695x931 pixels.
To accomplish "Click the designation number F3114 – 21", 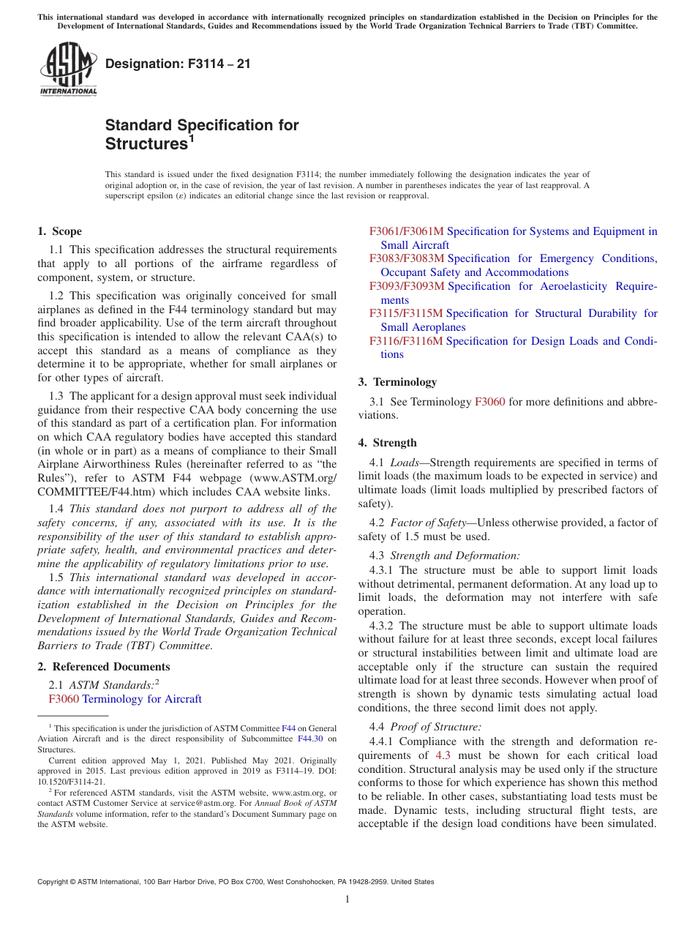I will [178, 64].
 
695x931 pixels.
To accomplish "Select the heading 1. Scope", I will [59, 231].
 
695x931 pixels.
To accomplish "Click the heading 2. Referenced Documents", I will [103, 667].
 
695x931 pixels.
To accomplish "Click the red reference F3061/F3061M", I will [406, 231].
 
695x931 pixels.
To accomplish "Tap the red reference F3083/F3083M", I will [406, 258].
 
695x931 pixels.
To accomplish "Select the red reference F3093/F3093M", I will [406, 286].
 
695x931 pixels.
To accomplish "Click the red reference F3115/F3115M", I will [406, 313].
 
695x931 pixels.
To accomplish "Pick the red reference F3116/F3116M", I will [406, 341].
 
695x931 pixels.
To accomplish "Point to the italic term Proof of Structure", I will [435, 727].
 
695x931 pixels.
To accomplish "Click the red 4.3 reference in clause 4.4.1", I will [443, 755].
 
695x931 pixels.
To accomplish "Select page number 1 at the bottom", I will [347, 900].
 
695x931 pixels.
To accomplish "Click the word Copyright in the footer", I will [54, 882].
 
